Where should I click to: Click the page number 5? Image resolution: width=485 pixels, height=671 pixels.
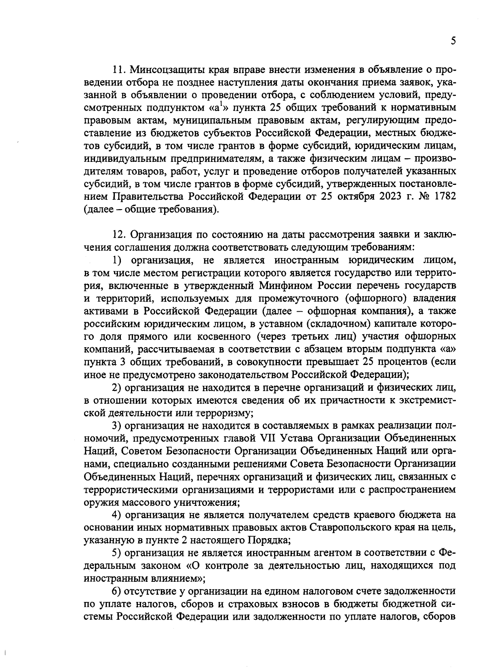pos(453,41)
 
